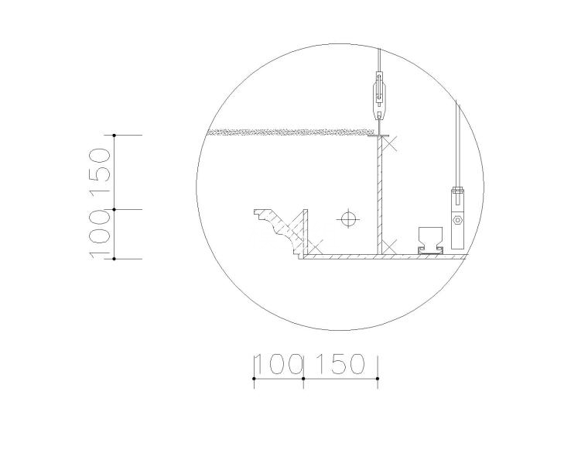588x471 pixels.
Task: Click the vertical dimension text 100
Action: tap(100, 234)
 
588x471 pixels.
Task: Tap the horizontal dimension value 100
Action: tap(279, 363)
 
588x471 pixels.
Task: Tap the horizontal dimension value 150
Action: tap(340, 363)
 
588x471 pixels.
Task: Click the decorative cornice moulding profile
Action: tap(277, 233)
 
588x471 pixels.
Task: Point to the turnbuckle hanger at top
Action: tap(380, 95)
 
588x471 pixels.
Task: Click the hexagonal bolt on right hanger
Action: tap(457, 220)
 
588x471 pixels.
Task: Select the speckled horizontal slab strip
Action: tap(291, 132)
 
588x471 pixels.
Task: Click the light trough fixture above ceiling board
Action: tap(430, 240)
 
